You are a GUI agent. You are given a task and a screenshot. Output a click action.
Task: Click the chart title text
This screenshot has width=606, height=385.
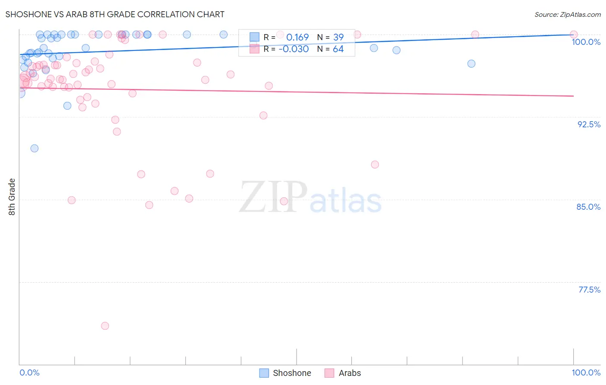coord(115,14)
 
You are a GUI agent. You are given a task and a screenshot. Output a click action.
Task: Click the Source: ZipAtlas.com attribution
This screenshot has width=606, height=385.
coord(567,15)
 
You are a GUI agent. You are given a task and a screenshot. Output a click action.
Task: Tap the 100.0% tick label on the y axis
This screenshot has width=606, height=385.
coord(586,42)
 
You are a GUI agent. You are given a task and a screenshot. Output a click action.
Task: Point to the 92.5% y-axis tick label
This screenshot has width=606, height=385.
coord(588,124)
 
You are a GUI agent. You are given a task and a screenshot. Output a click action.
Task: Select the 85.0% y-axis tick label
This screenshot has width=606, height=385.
coord(588,207)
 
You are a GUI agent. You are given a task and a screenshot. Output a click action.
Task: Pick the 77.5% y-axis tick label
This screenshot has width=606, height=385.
coord(589,290)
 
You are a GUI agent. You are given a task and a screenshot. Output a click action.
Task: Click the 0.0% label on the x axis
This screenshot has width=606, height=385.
coord(29,372)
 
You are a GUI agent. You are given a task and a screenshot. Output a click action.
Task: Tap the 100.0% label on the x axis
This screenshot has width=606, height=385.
coord(586,372)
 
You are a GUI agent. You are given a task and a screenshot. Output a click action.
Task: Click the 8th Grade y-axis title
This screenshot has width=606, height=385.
coord(12,196)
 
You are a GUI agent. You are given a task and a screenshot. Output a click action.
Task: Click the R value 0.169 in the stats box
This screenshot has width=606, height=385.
coord(297,37)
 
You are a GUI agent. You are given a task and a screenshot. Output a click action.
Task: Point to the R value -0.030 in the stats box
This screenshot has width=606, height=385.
coord(294,49)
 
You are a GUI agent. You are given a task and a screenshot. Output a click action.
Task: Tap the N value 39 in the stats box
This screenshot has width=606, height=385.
coord(338,37)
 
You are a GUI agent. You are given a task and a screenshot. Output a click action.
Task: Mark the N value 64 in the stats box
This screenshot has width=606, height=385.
coord(338,49)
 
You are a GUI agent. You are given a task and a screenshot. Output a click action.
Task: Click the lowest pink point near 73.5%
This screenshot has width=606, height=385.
coord(105,326)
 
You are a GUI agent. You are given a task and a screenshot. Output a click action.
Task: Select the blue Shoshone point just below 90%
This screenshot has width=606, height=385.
coord(34,148)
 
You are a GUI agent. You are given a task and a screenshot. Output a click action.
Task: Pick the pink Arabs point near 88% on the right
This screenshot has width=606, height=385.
coord(375,164)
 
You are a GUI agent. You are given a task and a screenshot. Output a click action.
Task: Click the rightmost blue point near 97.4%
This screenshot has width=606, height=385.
coord(472,63)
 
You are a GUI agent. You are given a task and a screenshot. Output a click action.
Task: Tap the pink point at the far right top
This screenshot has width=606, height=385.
coord(574,35)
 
